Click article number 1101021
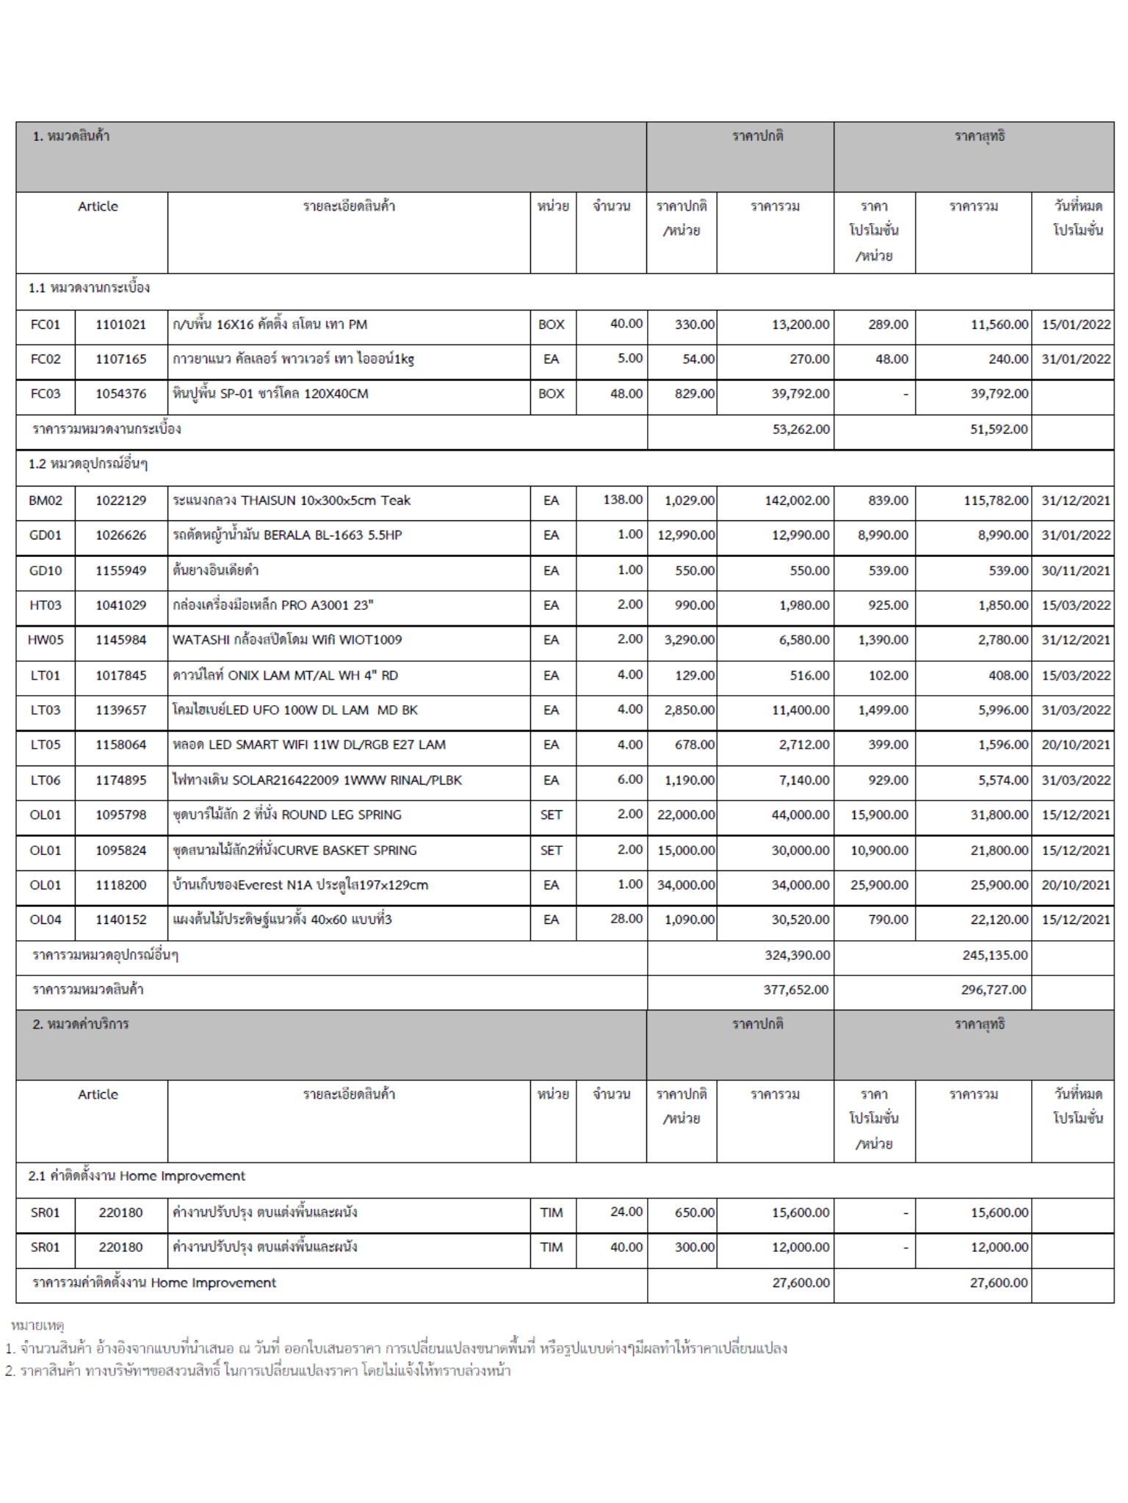(x=120, y=324)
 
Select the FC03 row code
(x=45, y=394)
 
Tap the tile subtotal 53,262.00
(x=800, y=429)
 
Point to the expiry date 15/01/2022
(x=1076, y=324)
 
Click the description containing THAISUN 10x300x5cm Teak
(x=292, y=501)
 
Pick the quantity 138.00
(x=623, y=500)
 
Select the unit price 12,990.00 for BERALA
(x=686, y=535)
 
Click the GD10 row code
(x=46, y=570)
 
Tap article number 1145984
(x=120, y=640)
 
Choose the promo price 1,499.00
(x=883, y=710)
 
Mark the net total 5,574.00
(x=1002, y=780)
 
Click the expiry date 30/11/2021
(x=1076, y=570)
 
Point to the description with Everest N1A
(x=300, y=885)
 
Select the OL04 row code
(x=46, y=920)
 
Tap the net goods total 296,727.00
(x=994, y=990)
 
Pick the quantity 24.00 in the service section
(x=626, y=1212)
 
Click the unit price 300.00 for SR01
(x=695, y=1247)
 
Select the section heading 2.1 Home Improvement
(x=137, y=1176)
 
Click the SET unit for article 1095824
(x=551, y=851)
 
